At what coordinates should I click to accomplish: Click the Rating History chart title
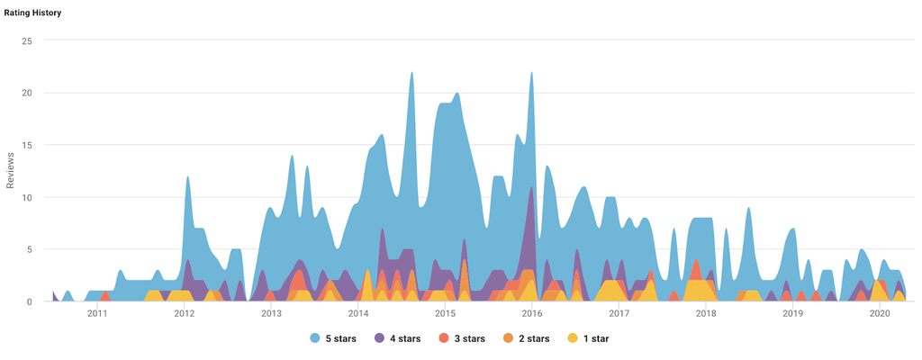[x=32, y=13]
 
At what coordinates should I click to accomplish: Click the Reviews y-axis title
[x=11, y=171]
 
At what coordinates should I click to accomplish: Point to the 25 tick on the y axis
[x=27, y=40]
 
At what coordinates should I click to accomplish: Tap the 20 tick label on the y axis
[x=27, y=93]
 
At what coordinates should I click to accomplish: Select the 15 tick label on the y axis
[x=27, y=145]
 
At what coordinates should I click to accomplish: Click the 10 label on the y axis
[x=27, y=197]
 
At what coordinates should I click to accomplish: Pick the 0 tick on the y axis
[x=30, y=301]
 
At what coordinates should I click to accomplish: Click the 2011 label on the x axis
[x=97, y=314]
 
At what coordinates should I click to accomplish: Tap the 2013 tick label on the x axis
[x=271, y=314]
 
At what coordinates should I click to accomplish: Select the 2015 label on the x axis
[x=445, y=314]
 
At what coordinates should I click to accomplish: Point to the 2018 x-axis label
[x=706, y=314]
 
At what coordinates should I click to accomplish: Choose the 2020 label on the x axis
[x=880, y=314]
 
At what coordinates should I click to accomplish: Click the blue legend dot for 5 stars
[x=315, y=338]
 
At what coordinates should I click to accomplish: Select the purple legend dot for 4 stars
[x=380, y=338]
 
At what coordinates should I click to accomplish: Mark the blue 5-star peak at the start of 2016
[x=532, y=74]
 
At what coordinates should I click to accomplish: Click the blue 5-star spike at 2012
[x=187, y=177]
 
